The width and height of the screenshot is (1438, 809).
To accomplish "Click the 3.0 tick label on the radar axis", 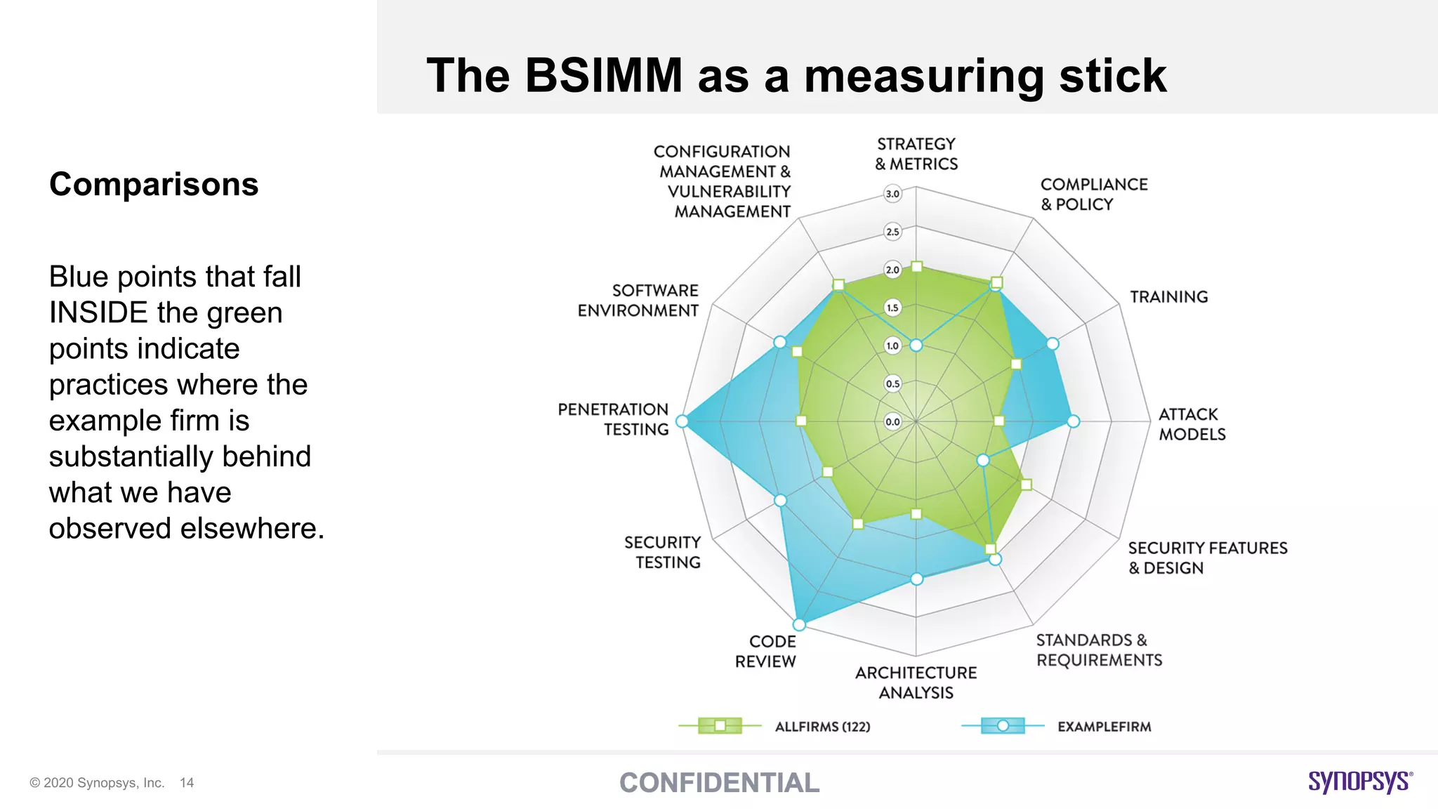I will [x=892, y=194].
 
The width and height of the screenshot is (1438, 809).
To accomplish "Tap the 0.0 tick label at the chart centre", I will [x=892, y=422].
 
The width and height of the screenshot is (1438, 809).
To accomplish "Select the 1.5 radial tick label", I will [x=892, y=308].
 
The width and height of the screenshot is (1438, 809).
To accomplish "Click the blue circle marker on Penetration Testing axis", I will [x=682, y=421].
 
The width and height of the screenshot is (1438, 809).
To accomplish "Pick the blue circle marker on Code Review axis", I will [x=799, y=624].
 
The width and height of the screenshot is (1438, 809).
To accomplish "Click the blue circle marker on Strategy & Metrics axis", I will [x=916, y=345].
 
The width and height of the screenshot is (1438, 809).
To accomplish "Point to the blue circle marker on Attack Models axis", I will [x=1073, y=421].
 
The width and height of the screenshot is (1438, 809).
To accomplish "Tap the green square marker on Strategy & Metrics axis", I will [x=916, y=266].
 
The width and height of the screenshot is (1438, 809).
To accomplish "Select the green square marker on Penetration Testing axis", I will [x=801, y=421].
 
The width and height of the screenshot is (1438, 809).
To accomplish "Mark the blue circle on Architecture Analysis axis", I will [x=916, y=579].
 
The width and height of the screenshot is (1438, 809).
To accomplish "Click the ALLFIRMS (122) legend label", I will [x=822, y=727].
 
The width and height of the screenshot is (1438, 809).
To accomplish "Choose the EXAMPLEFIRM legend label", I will [x=1104, y=727].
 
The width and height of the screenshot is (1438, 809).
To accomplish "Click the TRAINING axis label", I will [x=1168, y=297].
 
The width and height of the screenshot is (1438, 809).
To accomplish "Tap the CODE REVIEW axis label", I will [x=766, y=651].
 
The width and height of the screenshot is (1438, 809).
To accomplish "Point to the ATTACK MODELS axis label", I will [x=1192, y=424].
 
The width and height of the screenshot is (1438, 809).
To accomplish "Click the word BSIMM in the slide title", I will [x=603, y=75].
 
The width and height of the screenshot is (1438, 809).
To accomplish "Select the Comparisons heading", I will [x=154, y=185].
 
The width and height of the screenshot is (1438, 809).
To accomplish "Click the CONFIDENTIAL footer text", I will [x=719, y=783].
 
